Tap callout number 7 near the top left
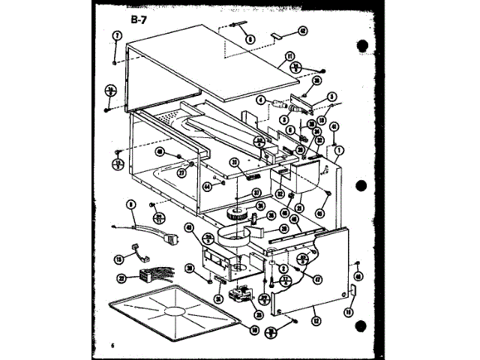pyautogui.click(x=116, y=35)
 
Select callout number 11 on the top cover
pyautogui.click(x=289, y=55)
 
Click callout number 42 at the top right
pyautogui.click(x=302, y=31)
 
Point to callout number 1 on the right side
pyautogui.click(x=340, y=149)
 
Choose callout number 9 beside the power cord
pyautogui.click(x=132, y=202)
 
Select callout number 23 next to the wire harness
pyautogui.click(x=121, y=279)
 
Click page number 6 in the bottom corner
pyautogui.click(x=112, y=345)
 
